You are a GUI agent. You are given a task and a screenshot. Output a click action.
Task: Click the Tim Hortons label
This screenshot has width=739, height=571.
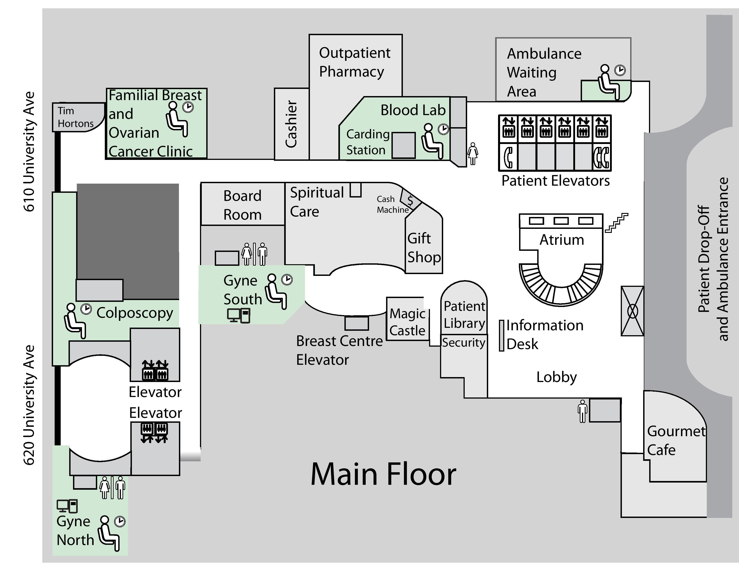[x=75, y=117]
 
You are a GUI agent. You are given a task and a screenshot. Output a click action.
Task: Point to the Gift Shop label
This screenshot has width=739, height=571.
[x=424, y=248]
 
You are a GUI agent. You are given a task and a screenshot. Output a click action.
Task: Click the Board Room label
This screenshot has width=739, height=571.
[x=242, y=205]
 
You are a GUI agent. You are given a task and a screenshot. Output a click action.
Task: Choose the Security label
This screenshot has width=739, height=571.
[x=464, y=342]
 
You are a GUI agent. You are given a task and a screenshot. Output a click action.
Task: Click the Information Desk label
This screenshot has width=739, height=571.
[x=544, y=335]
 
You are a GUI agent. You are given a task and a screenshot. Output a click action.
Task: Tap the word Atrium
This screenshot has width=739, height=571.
[x=561, y=240]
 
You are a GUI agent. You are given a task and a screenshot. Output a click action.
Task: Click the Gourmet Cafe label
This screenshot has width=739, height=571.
[x=676, y=440]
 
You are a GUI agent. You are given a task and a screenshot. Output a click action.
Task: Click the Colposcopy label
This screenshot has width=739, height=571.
[x=135, y=313]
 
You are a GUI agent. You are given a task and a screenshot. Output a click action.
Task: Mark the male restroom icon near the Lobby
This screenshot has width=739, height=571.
[x=582, y=411]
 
